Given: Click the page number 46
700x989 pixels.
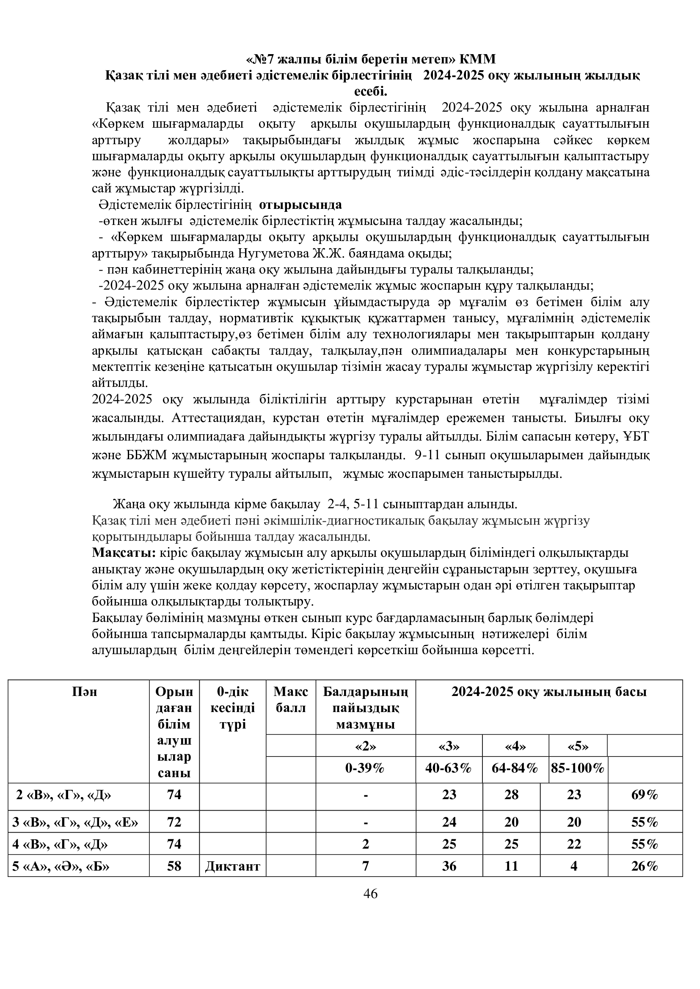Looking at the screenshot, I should click(x=370, y=894).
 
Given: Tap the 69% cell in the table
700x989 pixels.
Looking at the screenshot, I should click(x=645, y=795).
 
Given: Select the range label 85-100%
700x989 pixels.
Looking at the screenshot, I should click(x=578, y=768).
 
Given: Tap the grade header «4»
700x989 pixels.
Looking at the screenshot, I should click(x=515, y=746).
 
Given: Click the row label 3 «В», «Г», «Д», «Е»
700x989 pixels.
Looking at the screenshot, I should click(x=75, y=822).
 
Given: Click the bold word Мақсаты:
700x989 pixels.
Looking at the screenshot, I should click(x=124, y=553).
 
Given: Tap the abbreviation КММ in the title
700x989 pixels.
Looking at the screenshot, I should click(x=477, y=59).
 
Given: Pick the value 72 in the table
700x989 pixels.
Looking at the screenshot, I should click(x=174, y=822).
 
